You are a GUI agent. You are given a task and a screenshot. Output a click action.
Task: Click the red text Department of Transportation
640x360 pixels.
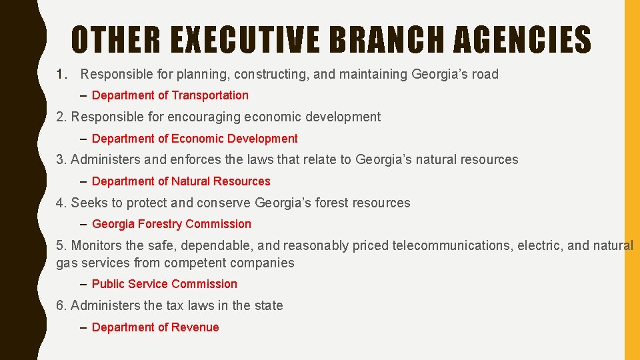(170, 95)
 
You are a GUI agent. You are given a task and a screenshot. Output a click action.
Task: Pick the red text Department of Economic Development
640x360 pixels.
(195, 139)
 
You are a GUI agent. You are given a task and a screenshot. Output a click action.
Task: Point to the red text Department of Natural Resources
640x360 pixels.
(181, 181)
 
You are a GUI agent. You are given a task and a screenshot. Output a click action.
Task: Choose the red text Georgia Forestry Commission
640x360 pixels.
(171, 224)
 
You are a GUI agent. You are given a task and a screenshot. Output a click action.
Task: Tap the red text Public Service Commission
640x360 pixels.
(164, 284)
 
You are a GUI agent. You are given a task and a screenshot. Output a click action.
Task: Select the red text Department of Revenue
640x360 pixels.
(155, 327)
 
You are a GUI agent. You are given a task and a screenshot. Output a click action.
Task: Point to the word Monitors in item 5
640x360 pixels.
(95, 245)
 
